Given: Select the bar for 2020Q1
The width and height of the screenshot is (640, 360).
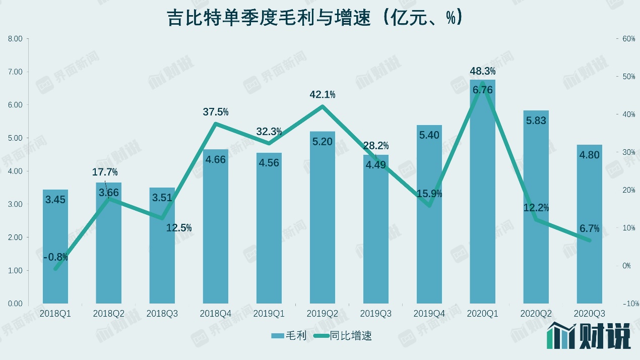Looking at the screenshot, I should click(x=483, y=202).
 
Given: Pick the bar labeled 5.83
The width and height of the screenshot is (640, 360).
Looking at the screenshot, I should click(x=536, y=212).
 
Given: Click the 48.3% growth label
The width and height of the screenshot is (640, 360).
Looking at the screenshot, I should click(x=483, y=71).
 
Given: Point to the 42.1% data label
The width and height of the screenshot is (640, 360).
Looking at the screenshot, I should click(x=323, y=95).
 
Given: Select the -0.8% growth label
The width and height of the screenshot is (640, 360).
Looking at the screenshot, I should click(x=55, y=258).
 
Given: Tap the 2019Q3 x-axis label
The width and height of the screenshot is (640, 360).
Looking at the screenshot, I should click(x=376, y=314).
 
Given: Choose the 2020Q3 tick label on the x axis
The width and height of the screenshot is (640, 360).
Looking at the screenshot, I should click(x=590, y=314).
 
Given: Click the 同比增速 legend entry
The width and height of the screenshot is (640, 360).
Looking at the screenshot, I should click(x=343, y=335).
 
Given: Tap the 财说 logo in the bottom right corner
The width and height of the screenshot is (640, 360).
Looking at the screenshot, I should click(x=590, y=335).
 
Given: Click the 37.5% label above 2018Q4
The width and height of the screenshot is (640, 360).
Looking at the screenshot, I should click(x=216, y=112).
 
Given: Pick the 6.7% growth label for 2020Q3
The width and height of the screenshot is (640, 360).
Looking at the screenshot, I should click(x=590, y=228).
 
